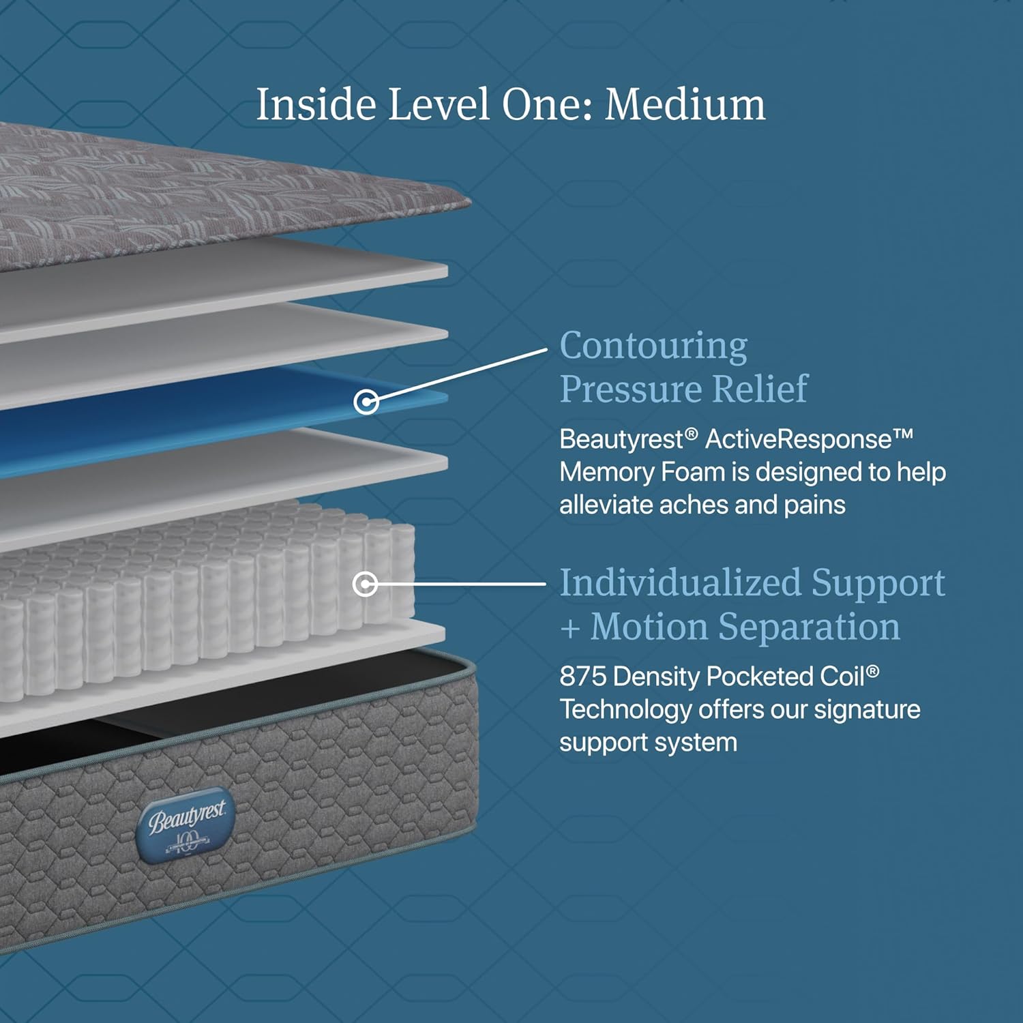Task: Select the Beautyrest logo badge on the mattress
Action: click(x=186, y=826)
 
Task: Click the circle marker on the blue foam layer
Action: click(x=366, y=402)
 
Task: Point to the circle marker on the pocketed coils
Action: click(x=366, y=584)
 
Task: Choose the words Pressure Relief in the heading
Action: click(x=683, y=389)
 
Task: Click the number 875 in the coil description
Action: click(x=583, y=677)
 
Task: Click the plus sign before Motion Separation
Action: click(x=570, y=628)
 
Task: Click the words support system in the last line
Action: click(x=648, y=743)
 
